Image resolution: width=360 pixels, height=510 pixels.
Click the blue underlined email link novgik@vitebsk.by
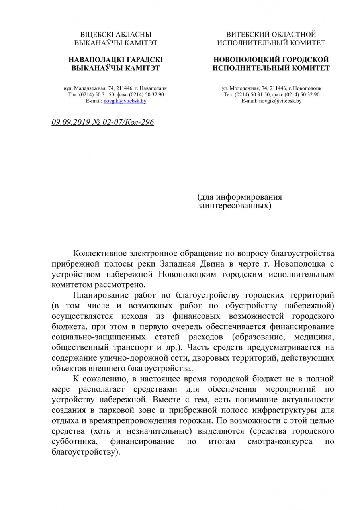pyautogui.click(x=125, y=101)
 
